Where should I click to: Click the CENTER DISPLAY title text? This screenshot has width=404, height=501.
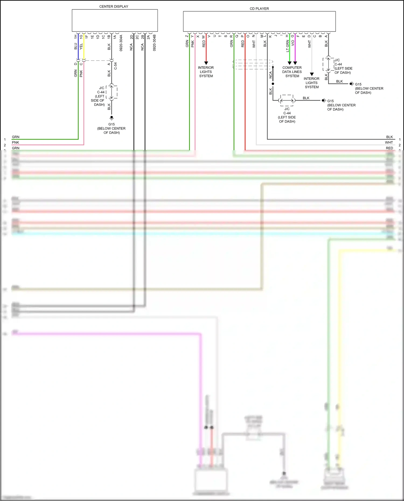click(x=114, y=6)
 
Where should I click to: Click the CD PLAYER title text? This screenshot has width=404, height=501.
click(x=259, y=9)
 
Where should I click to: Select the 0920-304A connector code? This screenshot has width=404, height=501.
click(x=121, y=43)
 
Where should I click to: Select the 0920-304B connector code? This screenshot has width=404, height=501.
click(x=154, y=43)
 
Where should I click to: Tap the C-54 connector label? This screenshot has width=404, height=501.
click(x=115, y=66)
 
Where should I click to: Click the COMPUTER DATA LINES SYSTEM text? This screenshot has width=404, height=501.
click(x=292, y=72)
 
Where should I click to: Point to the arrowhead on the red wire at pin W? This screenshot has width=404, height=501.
click(x=206, y=63)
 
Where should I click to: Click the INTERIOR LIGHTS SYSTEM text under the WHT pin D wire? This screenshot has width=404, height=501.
click(x=312, y=83)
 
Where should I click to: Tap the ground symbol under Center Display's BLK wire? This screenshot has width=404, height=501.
click(x=112, y=118)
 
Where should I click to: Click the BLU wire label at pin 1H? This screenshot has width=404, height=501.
click(x=76, y=46)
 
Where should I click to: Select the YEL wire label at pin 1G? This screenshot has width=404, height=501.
click(x=81, y=47)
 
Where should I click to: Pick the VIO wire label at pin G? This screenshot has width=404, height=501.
click(x=293, y=43)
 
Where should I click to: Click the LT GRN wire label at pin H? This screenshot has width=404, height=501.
click(x=287, y=46)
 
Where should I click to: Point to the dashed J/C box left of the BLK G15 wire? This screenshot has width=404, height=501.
click(x=287, y=100)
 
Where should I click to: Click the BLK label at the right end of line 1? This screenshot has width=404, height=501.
click(x=389, y=137)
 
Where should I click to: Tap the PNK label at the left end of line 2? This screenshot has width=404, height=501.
click(x=15, y=142)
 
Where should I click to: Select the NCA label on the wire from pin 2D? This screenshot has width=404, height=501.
click(x=131, y=47)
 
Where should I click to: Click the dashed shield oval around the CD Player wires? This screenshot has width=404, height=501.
click(x=253, y=65)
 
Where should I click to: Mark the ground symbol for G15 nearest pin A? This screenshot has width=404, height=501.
click(x=351, y=84)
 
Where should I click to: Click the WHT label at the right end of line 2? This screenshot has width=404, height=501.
click(x=389, y=142)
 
